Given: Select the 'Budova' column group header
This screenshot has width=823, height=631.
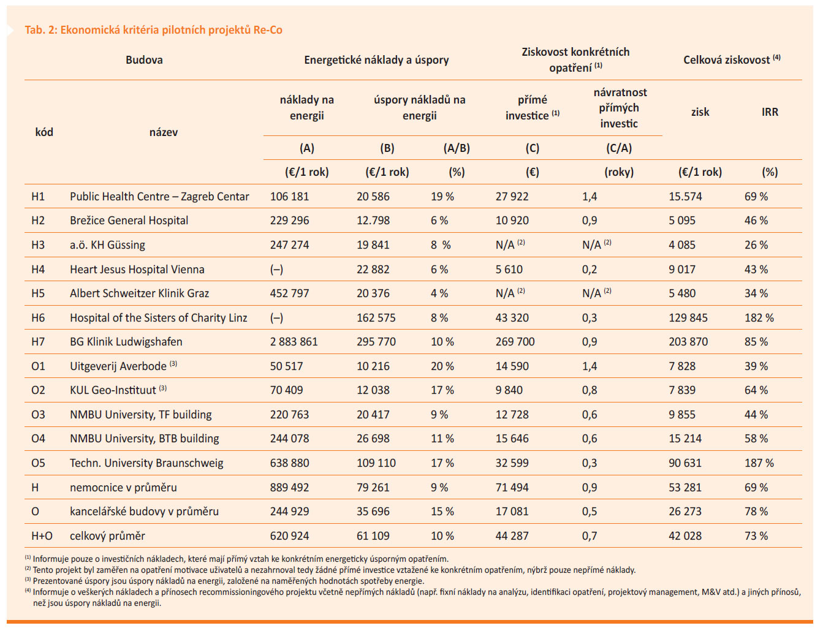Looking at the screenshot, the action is (x=144, y=60).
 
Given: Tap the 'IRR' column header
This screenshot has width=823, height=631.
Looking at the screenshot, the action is (x=770, y=112).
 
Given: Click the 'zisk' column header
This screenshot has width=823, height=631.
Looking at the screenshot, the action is (x=700, y=112).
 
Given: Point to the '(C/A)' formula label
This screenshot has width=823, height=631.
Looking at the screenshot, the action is (x=619, y=148).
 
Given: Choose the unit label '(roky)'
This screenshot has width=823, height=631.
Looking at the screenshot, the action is (x=619, y=172).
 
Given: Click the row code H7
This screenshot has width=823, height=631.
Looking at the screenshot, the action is (x=38, y=342).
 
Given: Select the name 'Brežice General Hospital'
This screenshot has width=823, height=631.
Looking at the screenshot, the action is (x=129, y=221).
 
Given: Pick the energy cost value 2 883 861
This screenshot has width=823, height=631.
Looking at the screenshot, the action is (x=294, y=342).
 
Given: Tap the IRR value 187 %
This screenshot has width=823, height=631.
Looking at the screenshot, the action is (x=759, y=463).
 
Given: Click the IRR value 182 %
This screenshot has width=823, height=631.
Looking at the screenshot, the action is (x=759, y=317).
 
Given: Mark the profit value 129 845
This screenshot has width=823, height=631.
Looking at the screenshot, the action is (x=688, y=317).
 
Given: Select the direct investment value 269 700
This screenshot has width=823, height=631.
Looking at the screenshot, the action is (x=515, y=342).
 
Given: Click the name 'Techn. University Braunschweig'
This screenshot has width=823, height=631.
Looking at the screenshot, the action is (x=146, y=463).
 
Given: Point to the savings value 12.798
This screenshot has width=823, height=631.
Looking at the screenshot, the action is (x=373, y=221).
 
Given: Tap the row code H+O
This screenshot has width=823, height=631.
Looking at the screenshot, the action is (x=42, y=535).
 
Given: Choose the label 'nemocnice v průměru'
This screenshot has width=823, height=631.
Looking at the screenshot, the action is (x=123, y=488).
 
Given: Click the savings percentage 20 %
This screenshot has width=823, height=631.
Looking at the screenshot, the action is (x=442, y=366).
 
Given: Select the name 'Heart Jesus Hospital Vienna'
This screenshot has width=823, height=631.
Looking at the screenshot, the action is (x=137, y=269).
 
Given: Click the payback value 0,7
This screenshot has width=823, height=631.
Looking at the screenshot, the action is (x=590, y=536).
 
